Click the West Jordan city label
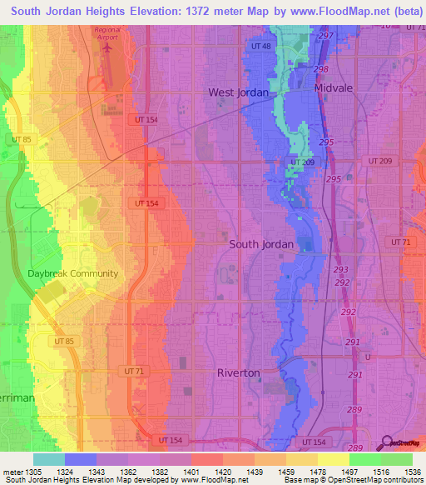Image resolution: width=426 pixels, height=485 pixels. coord(238,92)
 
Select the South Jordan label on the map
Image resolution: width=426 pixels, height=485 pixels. coord(261,244)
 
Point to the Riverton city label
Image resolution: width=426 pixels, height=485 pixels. coord(239,372)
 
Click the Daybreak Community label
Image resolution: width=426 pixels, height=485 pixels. coord(73,273)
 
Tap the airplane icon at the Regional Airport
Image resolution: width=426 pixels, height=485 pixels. coord(106,47)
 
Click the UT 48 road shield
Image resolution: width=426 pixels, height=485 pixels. coord(261,46)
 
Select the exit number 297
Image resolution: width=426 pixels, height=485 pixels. coord(325,36)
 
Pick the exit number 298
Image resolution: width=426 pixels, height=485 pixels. coord(321,68)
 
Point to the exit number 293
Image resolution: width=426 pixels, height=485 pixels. coord(341,271)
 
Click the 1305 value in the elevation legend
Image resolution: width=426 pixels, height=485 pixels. coord(32,471)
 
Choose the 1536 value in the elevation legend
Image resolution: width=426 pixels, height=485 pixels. coord(413,471)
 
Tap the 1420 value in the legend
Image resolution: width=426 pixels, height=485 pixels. coord(222,471)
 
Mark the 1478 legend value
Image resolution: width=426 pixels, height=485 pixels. coord(318,471)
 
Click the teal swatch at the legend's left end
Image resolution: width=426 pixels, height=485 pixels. coord(49,459)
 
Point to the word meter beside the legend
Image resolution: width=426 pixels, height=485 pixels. coord(11,471)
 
